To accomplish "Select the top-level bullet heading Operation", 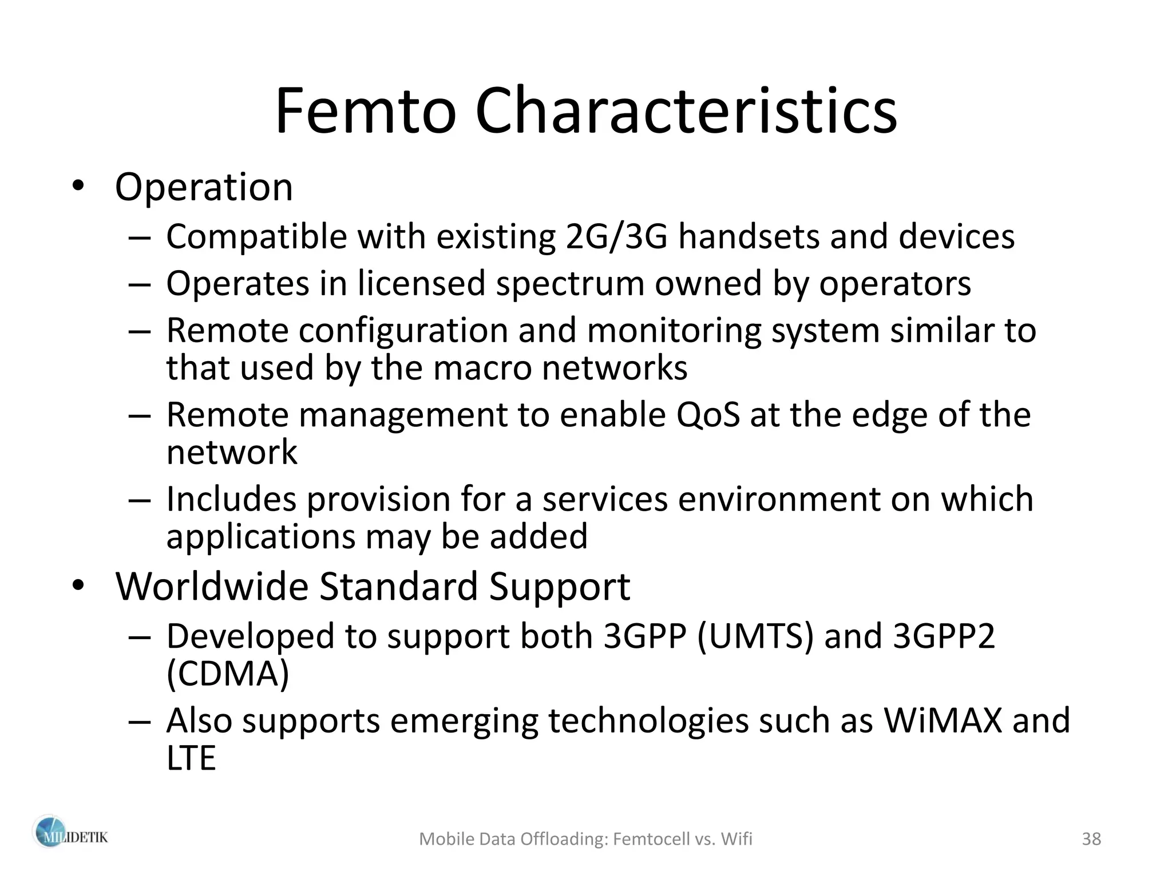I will click(204, 187).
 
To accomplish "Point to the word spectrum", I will click(570, 284).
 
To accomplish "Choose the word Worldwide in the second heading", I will click(212, 586).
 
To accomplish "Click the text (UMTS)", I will click(755, 636).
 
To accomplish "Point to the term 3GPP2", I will click(944, 636).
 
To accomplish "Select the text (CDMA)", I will click(228, 674).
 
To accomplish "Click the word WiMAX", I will click(943, 720).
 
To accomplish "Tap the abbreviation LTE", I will click(191, 758).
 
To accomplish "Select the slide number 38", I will click(1091, 839).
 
